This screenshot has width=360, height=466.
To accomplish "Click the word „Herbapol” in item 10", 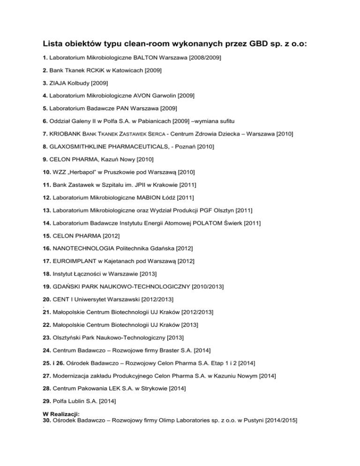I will coord(86,172).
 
